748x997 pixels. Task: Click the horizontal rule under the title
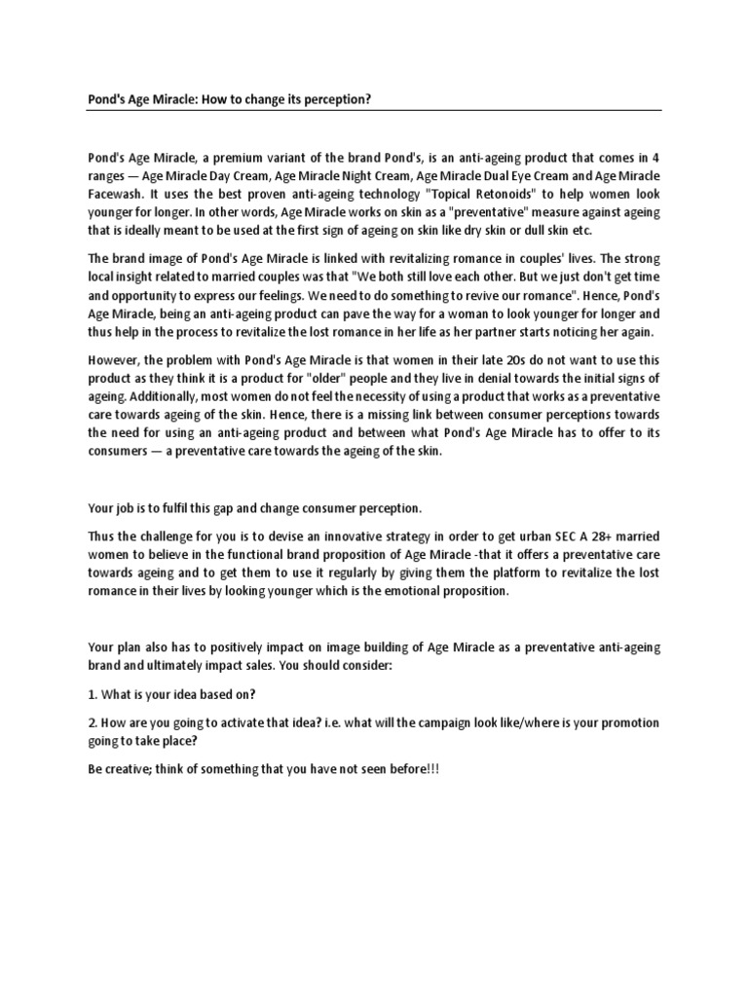(x=374, y=110)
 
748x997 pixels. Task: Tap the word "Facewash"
(x=117, y=193)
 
